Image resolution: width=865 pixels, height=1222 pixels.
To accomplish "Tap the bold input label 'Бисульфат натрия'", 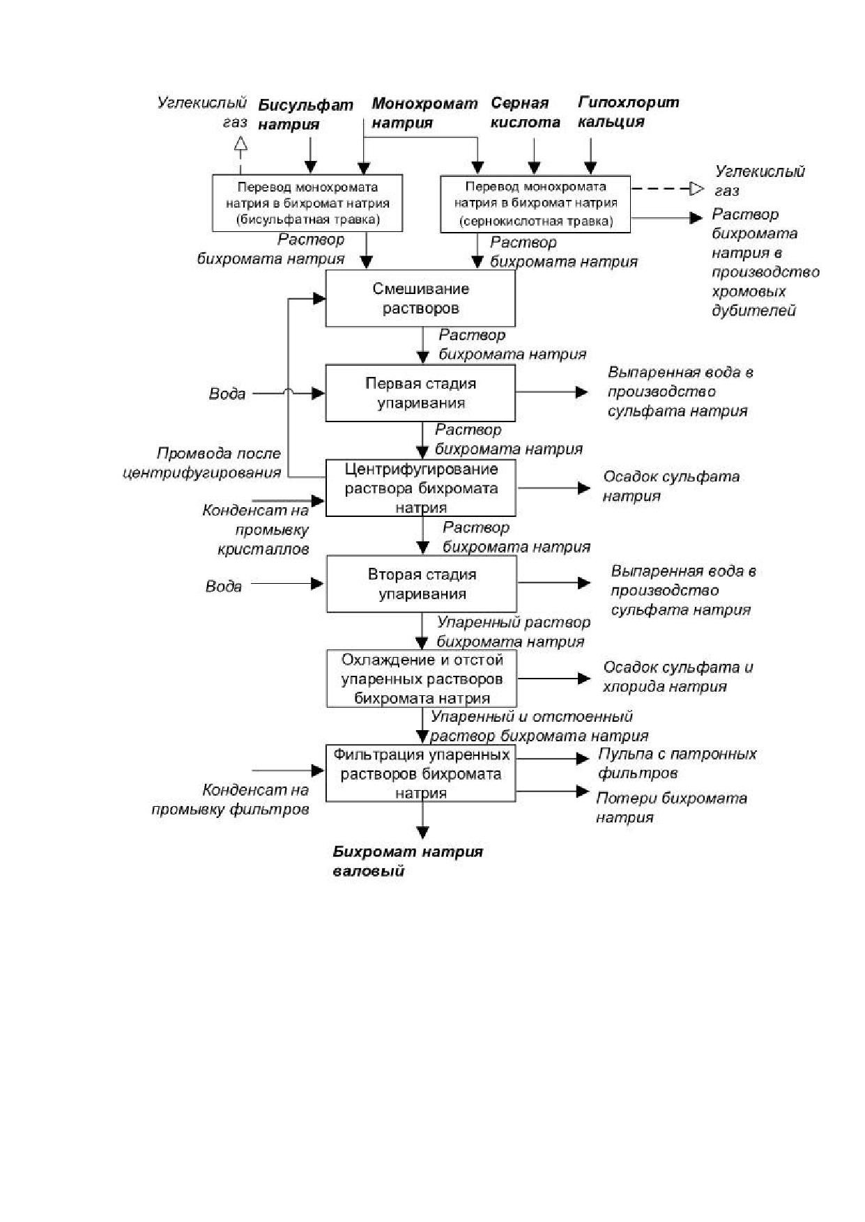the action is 305,115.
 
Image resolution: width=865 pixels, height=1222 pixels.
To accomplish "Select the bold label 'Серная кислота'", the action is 526,113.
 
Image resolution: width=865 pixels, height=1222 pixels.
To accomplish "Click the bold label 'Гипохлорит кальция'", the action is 628,112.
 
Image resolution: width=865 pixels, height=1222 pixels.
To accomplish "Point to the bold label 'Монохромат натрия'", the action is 424,114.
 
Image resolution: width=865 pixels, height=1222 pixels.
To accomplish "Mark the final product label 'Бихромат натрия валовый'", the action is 408,861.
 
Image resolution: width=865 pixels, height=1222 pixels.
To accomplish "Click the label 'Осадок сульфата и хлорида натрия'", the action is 678,676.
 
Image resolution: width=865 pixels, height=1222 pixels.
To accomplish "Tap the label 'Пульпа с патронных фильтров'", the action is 677,764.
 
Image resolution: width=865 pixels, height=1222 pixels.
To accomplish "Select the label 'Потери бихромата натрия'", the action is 671,807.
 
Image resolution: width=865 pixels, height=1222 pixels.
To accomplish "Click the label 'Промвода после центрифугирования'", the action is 202,463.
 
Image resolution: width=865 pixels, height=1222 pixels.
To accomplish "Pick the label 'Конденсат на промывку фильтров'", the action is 230,800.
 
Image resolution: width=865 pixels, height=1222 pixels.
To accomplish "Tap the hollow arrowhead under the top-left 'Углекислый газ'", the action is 240,144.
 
